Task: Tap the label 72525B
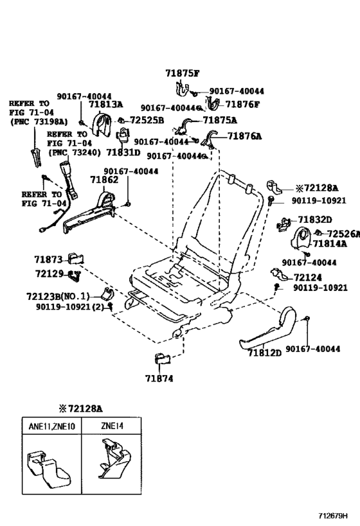point(147,120)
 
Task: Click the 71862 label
point(104,181)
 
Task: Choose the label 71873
point(48,259)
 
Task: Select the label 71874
point(159,379)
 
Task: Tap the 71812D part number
point(265,353)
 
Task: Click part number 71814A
point(330,244)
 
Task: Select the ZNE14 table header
point(113,425)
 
